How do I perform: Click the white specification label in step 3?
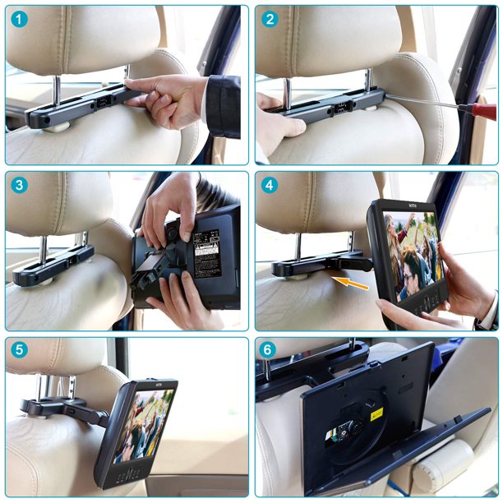point(205,253)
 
